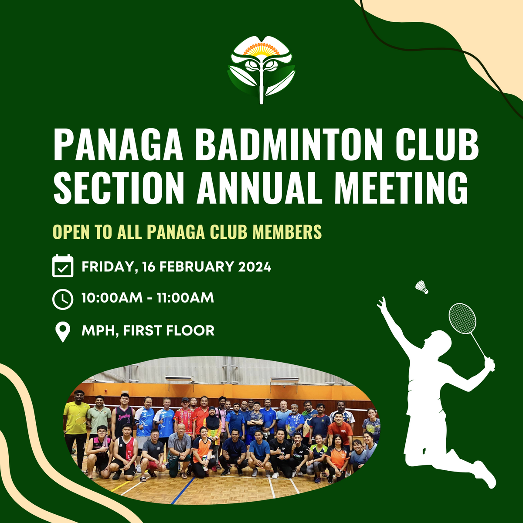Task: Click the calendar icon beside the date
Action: (63, 266)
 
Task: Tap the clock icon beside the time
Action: (63, 299)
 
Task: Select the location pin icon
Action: (63, 332)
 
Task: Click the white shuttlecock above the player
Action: (421, 287)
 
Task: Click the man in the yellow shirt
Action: (76, 421)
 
